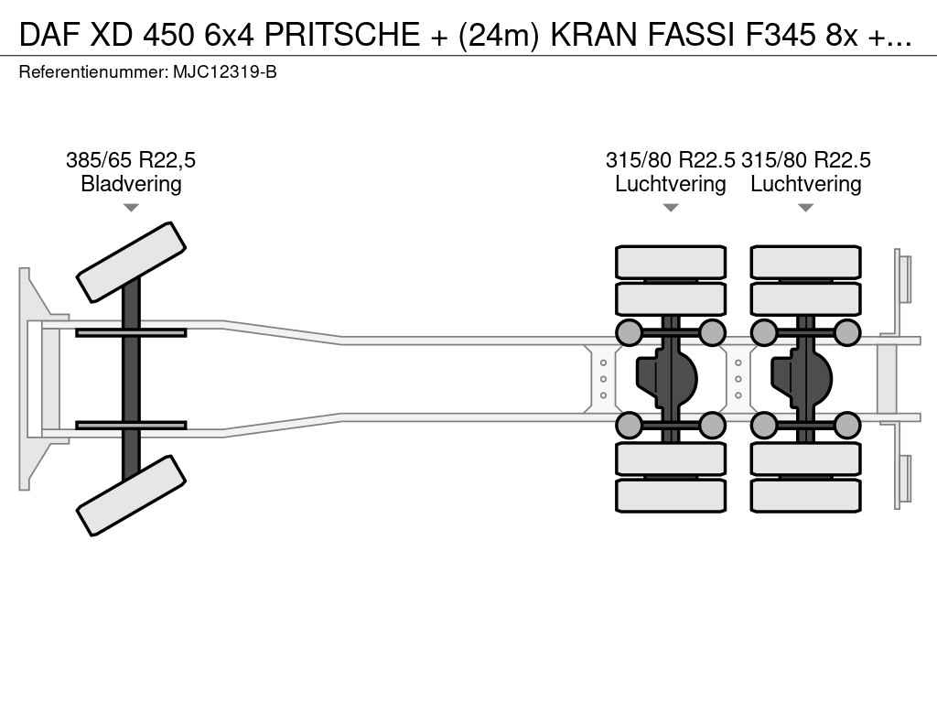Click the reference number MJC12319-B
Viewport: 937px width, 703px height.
(224, 71)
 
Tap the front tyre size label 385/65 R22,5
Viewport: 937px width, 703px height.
(131, 160)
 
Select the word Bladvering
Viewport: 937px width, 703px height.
(131, 184)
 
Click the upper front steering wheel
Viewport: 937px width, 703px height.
(131, 261)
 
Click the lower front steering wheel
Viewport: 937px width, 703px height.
(131, 495)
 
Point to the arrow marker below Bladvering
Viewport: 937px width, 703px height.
(131, 208)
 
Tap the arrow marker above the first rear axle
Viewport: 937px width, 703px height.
(671, 208)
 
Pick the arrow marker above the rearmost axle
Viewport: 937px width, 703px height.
(806, 208)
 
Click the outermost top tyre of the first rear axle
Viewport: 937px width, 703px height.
(671, 262)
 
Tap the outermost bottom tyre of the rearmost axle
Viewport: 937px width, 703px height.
(806, 495)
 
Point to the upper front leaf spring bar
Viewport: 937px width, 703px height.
(131, 332)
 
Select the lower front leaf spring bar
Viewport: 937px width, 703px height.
(131, 425)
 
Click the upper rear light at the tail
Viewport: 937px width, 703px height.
(904, 278)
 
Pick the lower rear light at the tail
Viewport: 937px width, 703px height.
(904, 479)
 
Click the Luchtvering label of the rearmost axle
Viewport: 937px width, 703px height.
(806, 184)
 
